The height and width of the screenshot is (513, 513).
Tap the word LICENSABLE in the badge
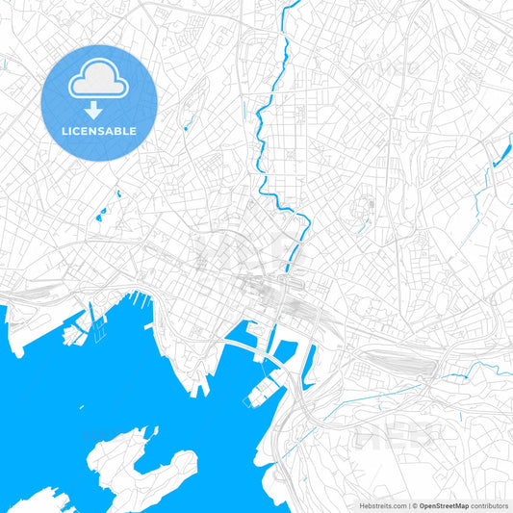point(99,131)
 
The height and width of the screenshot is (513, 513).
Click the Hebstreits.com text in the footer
point(383,505)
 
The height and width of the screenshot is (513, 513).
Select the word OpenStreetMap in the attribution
point(444,505)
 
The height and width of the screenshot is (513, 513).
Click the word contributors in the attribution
point(489,505)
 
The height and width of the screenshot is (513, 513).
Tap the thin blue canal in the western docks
point(92,313)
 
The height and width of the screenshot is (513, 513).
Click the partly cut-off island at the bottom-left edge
point(34,500)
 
